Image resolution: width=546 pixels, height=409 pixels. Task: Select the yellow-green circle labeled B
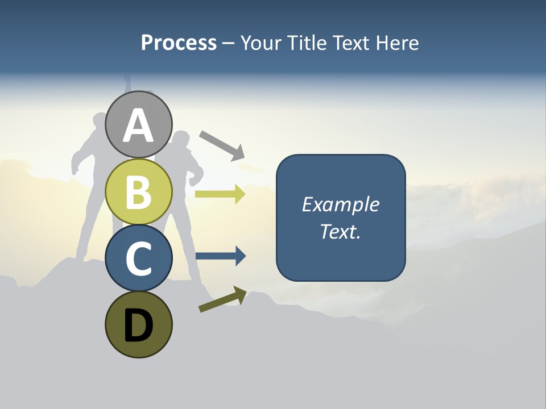(138, 191)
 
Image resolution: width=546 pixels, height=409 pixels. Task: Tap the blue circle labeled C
(138, 258)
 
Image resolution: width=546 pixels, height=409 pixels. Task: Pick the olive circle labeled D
(138, 324)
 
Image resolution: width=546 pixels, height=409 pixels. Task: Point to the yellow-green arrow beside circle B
(220, 194)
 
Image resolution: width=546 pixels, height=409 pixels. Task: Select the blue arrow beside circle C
(220, 256)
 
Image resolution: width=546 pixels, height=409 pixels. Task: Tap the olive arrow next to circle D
(222, 299)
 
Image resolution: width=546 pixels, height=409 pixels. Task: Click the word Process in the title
(179, 43)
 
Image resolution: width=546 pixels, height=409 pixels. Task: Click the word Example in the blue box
(341, 204)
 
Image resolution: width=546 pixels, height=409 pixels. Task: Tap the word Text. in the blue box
(341, 232)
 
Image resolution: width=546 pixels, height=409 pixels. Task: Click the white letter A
(138, 126)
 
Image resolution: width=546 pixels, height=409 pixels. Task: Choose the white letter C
(138, 259)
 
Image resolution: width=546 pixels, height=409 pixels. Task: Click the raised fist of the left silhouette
(127, 80)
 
